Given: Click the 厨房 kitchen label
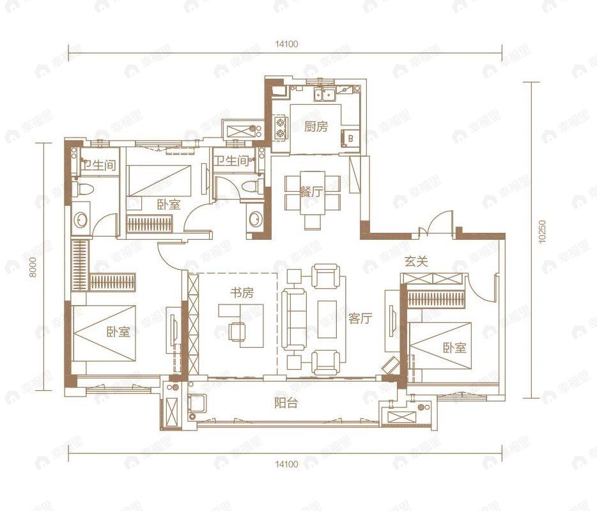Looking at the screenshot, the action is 316,127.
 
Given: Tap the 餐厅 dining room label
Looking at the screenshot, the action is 311,192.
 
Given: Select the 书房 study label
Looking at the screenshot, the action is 242,293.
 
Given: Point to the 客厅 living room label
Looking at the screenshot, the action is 360,318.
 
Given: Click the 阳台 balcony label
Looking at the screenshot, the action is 286,403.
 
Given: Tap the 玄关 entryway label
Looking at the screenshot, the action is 416,262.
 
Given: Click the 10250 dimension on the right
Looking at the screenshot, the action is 543,232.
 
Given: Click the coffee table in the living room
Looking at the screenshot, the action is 327,319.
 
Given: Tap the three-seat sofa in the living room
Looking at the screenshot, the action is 294,318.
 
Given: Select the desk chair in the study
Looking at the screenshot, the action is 237,331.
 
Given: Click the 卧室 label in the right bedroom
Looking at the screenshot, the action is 454,347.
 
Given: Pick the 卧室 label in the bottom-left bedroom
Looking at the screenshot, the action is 118,331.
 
